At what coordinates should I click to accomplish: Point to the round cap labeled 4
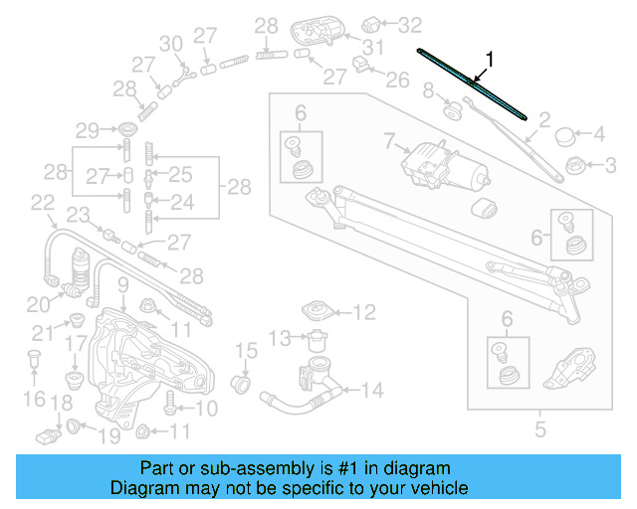(564, 133)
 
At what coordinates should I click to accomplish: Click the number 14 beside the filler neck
(372, 391)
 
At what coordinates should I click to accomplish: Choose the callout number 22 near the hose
(42, 203)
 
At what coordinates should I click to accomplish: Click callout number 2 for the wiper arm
(544, 122)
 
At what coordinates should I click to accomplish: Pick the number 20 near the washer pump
(37, 303)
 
